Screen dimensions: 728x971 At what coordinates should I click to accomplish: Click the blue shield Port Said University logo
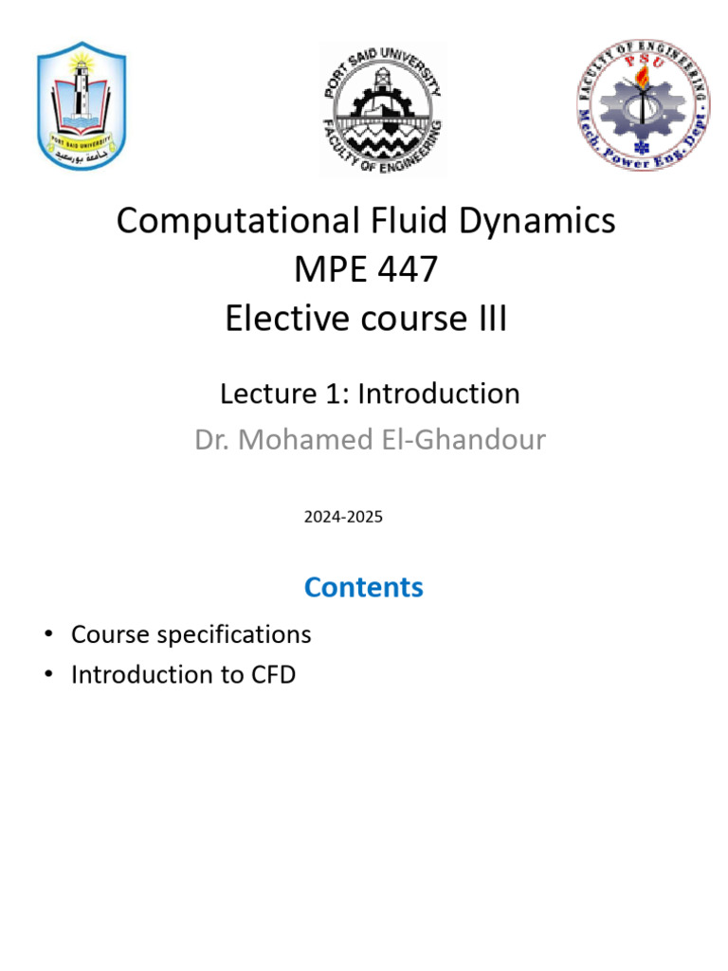coord(82,106)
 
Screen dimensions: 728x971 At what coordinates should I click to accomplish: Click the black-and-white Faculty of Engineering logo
coord(383,110)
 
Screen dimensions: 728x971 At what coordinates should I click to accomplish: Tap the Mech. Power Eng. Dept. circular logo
coord(644,104)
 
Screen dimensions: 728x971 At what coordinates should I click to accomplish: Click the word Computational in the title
coord(238,221)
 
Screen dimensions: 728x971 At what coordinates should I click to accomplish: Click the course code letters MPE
coord(330,269)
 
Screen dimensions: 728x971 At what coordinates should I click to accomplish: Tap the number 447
coord(408,269)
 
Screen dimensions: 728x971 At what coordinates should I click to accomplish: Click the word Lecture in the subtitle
coord(268,394)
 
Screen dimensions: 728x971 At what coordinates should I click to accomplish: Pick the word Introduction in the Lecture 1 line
coord(439,394)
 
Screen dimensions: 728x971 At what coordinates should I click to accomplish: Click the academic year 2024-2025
coord(343,517)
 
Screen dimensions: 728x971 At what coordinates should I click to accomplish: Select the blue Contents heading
coord(364,587)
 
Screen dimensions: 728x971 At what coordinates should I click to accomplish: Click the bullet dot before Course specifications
coord(49,634)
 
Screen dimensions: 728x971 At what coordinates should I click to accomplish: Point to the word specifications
coord(234,635)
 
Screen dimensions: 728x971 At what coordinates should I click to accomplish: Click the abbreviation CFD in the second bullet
coord(273,675)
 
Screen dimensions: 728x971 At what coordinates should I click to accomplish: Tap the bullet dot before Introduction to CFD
coord(49,674)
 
